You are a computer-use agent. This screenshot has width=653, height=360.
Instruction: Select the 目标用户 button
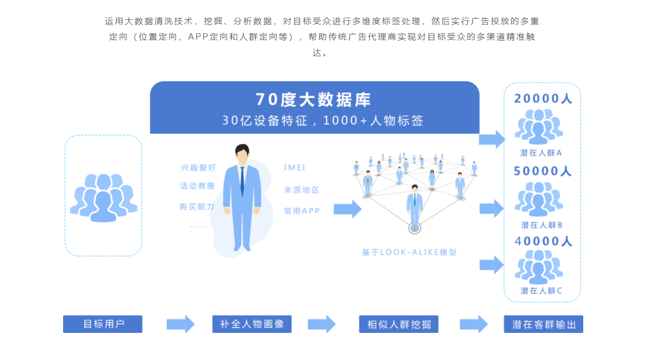103,324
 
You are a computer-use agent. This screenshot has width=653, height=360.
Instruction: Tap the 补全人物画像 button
252,324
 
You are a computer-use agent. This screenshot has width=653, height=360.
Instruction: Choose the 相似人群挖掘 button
399,324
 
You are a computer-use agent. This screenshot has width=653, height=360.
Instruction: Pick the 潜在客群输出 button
544,324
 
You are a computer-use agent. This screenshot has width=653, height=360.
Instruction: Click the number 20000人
543,98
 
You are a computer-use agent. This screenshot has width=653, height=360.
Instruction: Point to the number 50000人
543,171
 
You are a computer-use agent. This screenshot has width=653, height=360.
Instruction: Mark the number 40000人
543,241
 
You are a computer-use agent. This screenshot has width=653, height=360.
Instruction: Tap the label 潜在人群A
542,153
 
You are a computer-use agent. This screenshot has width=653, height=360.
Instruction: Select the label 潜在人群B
542,225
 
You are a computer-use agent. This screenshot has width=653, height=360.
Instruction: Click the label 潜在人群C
542,291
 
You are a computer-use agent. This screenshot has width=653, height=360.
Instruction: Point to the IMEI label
295,168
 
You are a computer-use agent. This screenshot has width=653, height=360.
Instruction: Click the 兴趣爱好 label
198,168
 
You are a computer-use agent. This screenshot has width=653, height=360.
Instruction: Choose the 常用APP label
302,211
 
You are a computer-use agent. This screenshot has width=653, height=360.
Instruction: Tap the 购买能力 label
197,207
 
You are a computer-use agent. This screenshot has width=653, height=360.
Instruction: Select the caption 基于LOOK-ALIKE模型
409,252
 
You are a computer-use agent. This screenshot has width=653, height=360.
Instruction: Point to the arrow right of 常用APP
347,209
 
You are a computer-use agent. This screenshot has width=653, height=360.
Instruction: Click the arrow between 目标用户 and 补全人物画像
180,324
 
